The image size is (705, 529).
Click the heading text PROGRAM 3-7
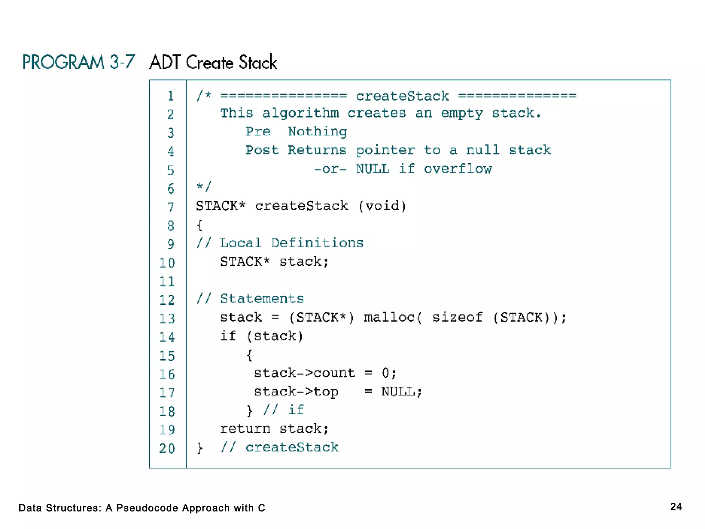click(x=78, y=62)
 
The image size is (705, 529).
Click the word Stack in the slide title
click(x=258, y=62)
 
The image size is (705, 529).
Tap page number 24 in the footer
click(x=676, y=507)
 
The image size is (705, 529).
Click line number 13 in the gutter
click(x=167, y=319)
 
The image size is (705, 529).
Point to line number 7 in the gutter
click(x=170, y=207)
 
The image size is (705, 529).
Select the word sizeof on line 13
click(x=457, y=317)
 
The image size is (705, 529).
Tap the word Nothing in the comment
click(x=317, y=132)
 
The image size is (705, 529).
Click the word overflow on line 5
click(x=457, y=169)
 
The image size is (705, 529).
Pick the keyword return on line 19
click(x=245, y=429)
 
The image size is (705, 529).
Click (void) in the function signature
click(x=382, y=206)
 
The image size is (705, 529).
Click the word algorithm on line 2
click(x=301, y=113)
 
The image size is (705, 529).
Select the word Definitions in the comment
click(x=317, y=243)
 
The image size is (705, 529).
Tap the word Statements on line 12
click(x=262, y=299)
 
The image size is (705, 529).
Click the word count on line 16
click(x=334, y=373)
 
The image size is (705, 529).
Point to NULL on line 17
click(x=398, y=392)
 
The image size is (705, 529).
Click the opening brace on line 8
click(x=199, y=225)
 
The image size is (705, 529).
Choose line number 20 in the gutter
click(x=167, y=448)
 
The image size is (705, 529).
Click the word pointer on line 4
click(x=385, y=150)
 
